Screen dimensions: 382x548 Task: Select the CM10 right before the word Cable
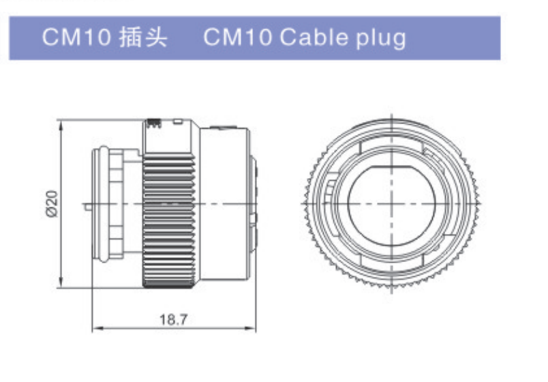[238, 37]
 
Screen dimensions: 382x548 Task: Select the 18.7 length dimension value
[173, 319]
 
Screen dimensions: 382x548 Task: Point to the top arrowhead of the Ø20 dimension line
[61, 124]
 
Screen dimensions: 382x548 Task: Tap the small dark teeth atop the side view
[153, 123]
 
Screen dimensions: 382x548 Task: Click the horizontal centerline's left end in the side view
[82, 205]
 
